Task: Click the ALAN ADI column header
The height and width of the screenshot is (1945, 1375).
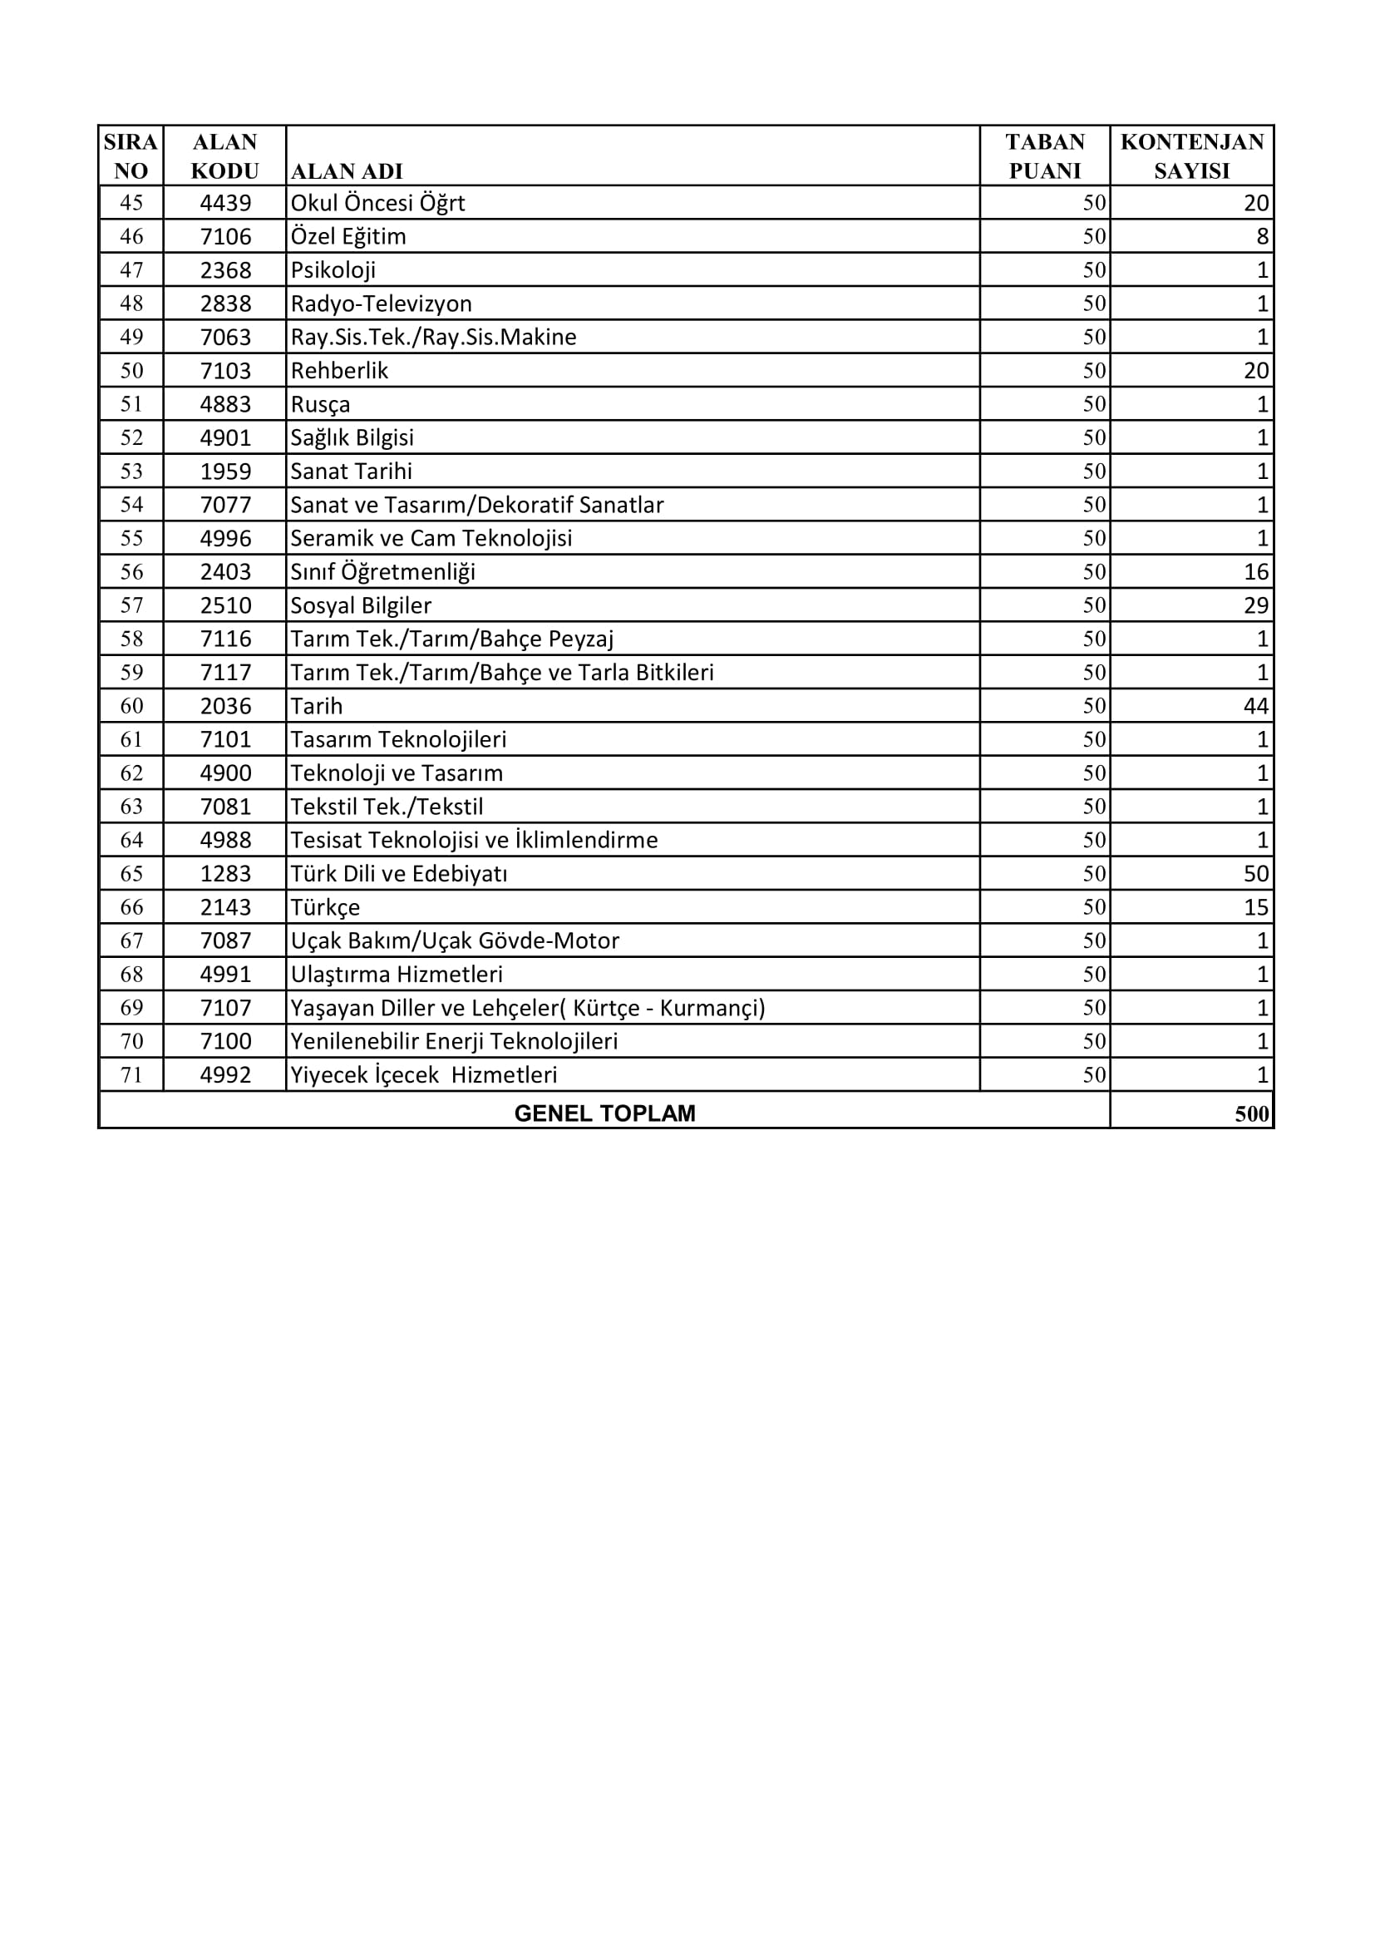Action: [x=347, y=171]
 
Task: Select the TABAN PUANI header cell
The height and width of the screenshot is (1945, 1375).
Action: [x=1045, y=156]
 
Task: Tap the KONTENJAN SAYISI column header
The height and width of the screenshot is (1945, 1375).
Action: [x=1191, y=156]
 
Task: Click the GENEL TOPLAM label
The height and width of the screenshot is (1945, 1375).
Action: [x=604, y=1113]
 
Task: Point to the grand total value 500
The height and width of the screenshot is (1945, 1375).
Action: [x=1251, y=1113]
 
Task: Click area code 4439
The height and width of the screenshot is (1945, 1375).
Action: [x=225, y=203]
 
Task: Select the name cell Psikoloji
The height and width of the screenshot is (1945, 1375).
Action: [x=333, y=270]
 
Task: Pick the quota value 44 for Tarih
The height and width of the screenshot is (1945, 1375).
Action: [x=1255, y=706]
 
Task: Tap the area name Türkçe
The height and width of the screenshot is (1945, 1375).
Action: [x=326, y=907]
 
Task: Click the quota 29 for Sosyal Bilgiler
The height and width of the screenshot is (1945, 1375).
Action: [x=1255, y=605]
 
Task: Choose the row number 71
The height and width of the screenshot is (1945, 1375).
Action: [x=131, y=1075]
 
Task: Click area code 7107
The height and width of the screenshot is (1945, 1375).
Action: [x=225, y=1008]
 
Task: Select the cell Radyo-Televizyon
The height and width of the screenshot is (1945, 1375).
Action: [x=381, y=304]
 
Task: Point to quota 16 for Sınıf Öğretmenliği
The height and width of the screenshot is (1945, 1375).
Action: [x=1255, y=572]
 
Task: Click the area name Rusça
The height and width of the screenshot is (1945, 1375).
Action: [x=321, y=404]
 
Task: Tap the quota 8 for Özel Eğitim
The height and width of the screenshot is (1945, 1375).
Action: [x=1262, y=236]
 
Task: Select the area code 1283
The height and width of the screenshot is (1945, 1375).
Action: [x=225, y=873]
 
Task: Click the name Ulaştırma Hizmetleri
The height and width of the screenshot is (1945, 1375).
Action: [x=397, y=975]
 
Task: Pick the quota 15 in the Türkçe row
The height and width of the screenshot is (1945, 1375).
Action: [x=1255, y=907]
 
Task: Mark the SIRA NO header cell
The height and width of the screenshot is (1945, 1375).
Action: [x=131, y=156]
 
